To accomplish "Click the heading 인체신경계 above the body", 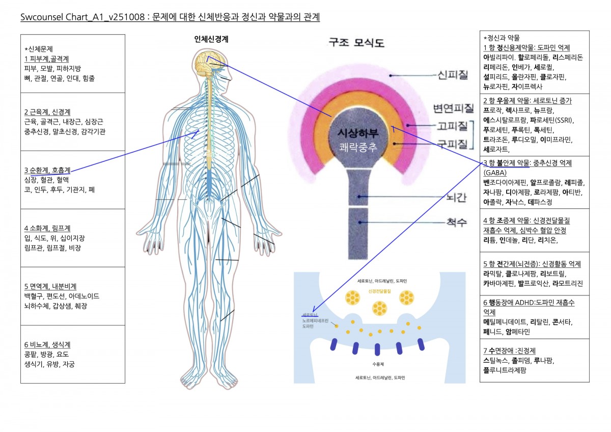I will coord(211,39).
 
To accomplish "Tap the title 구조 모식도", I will coord(356,43).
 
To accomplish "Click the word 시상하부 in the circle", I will coord(358,132).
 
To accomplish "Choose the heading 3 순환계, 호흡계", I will coord(47,170).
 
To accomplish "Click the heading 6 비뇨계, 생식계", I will coord(47,344).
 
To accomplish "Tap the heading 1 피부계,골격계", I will coord(47,59).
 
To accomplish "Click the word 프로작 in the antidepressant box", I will coord(493,110).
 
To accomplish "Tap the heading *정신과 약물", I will coord(502,38).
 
